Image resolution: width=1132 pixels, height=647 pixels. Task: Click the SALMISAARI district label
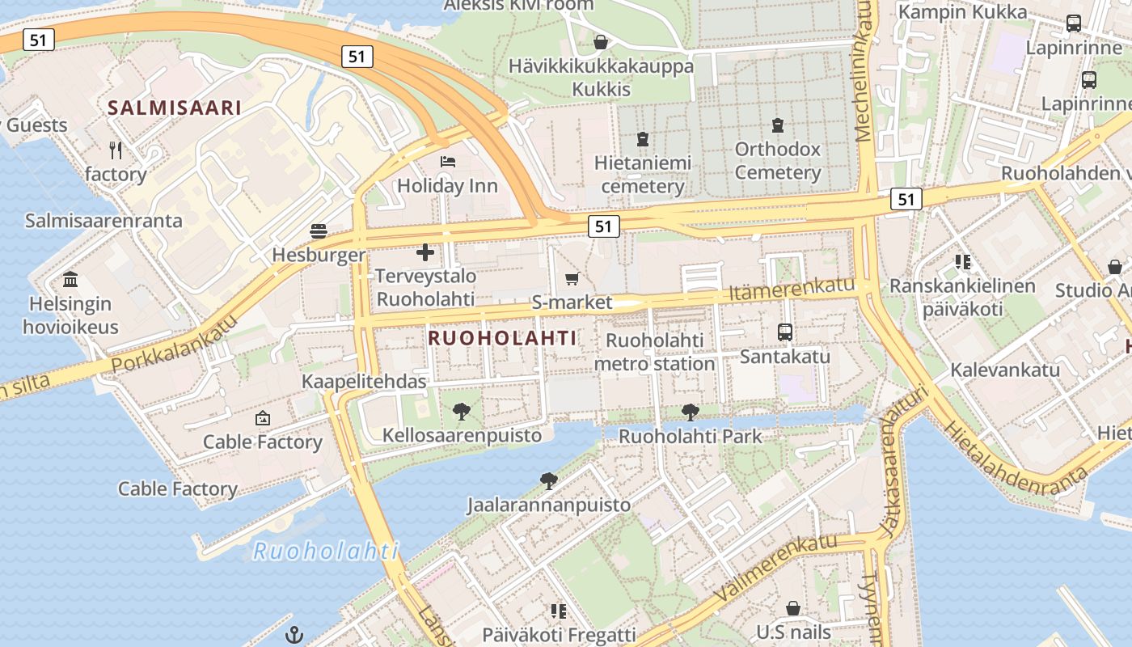point(175,108)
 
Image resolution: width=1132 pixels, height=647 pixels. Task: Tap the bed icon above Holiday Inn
point(448,162)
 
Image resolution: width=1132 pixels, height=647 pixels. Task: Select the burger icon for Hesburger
point(319,231)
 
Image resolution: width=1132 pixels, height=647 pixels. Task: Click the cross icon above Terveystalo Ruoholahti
point(425,252)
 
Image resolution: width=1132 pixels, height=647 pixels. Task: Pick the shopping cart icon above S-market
point(572,279)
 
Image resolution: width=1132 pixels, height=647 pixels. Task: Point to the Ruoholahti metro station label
point(655,352)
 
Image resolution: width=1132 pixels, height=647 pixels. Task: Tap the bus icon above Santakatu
point(784,332)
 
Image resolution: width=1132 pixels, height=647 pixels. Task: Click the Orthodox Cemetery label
point(777,160)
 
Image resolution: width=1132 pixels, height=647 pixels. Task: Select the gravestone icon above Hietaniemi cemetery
point(643,139)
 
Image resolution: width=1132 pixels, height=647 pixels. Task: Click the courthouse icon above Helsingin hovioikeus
point(70,280)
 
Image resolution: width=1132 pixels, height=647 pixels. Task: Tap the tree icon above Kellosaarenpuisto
point(462,412)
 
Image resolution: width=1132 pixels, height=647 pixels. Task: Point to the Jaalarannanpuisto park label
point(548,505)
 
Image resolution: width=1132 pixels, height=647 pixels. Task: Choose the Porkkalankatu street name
point(175,344)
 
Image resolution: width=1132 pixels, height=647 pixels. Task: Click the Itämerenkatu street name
point(792,288)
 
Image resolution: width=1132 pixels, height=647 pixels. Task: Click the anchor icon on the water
point(295,636)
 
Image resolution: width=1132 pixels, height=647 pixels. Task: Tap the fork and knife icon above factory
point(116,150)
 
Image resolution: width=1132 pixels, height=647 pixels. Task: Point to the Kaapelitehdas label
point(364,381)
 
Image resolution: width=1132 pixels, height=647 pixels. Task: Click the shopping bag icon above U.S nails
point(793,607)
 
